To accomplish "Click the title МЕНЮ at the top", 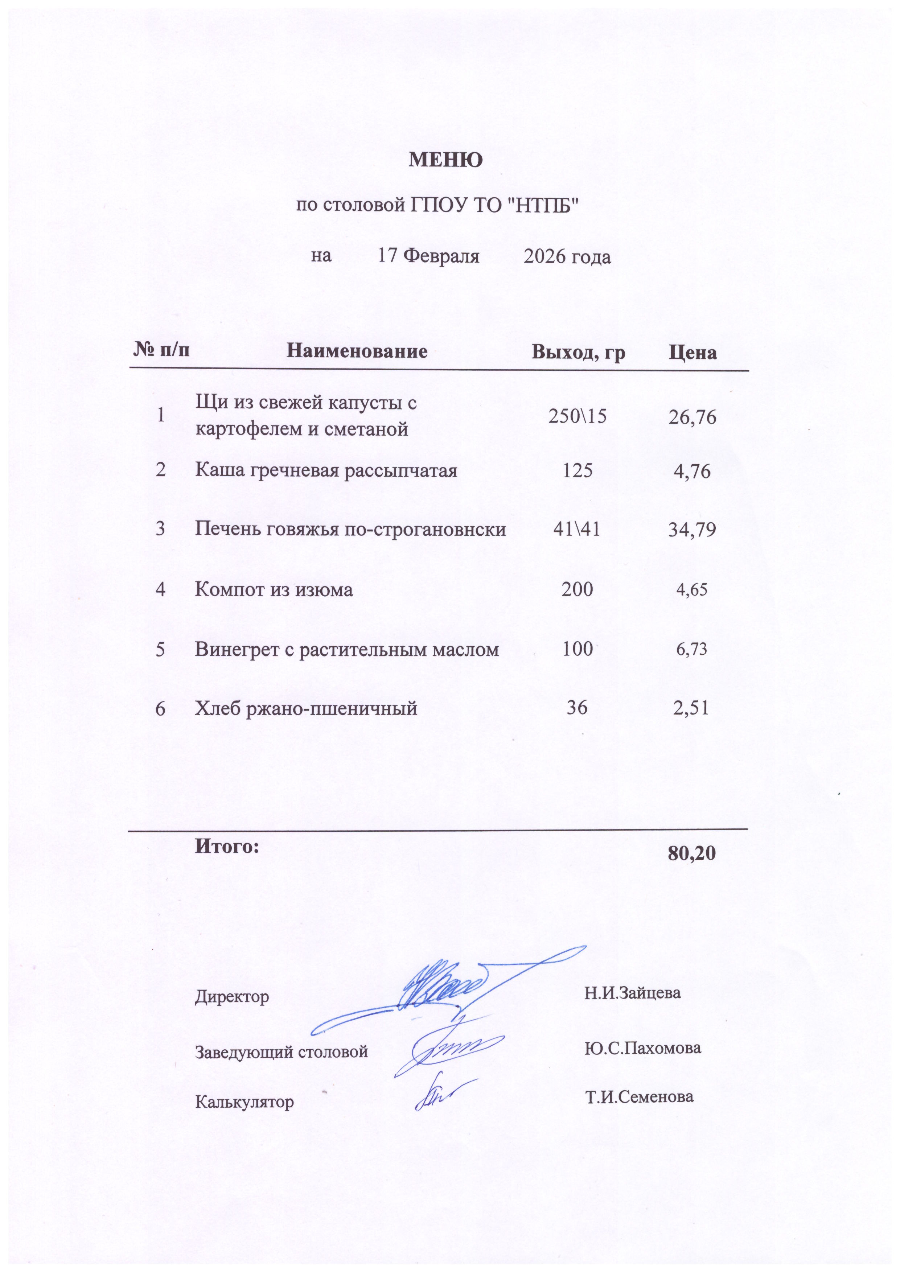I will [445, 160].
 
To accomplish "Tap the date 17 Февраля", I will [428, 256].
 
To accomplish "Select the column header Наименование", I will [357, 351].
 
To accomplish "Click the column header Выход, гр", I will [578, 352].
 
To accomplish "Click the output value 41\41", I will [576, 530].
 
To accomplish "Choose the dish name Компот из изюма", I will [274, 589].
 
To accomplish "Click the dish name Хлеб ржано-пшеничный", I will [306, 708].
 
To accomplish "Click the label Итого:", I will [227, 846].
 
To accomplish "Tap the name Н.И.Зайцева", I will [632, 992].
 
